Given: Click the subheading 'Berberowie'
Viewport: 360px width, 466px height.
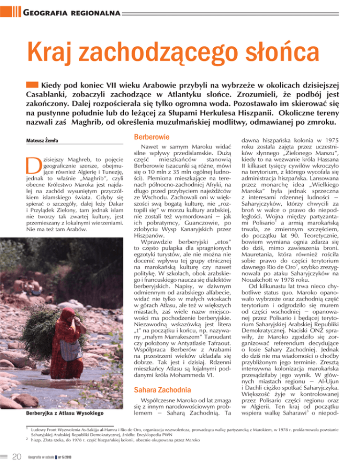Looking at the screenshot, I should pyautogui.click(x=146, y=136).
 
